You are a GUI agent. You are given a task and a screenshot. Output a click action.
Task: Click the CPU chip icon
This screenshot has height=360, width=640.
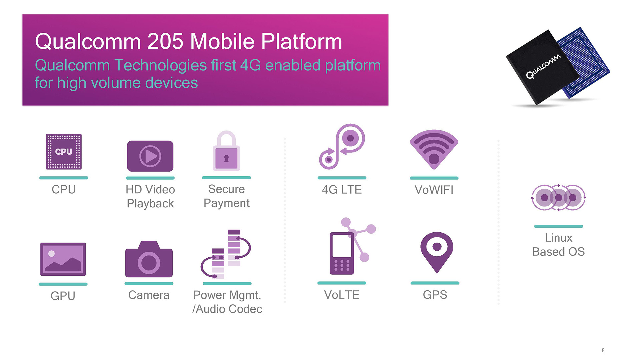pyautogui.click(x=64, y=152)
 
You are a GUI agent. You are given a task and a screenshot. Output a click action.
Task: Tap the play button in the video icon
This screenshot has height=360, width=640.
pyautogui.click(x=150, y=156)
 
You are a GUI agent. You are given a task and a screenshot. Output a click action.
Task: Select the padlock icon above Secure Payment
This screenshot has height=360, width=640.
pyautogui.click(x=226, y=151)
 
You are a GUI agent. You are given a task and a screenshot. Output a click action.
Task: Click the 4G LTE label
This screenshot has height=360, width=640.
pyautogui.click(x=342, y=190)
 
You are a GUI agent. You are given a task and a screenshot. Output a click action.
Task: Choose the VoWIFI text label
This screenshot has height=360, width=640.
pyautogui.click(x=434, y=190)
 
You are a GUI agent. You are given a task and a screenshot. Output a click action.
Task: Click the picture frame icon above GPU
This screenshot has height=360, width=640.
pyautogui.click(x=63, y=259)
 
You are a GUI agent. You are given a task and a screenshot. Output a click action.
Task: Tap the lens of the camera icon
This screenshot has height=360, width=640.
pyautogui.click(x=149, y=263)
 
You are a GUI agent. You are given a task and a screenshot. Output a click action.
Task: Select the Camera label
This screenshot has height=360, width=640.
pyautogui.click(x=149, y=295)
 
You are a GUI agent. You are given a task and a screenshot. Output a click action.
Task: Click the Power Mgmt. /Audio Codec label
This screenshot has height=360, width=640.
pyautogui.click(x=227, y=302)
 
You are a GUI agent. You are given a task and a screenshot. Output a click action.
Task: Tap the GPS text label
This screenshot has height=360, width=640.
pyautogui.click(x=435, y=295)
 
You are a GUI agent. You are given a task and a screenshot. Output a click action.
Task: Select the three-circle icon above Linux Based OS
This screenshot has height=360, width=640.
pyautogui.click(x=558, y=198)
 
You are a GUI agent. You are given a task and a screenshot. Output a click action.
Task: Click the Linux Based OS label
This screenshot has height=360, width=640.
pyautogui.click(x=559, y=245)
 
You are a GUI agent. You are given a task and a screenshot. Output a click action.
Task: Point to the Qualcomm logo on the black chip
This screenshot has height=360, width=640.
pyautogui.click(x=543, y=66)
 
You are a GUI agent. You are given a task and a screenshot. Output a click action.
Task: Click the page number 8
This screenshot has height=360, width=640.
pyautogui.click(x=603, y=350)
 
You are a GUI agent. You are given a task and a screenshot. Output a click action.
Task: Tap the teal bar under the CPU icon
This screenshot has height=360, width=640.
pyautogui.click(x=64, y=178)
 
